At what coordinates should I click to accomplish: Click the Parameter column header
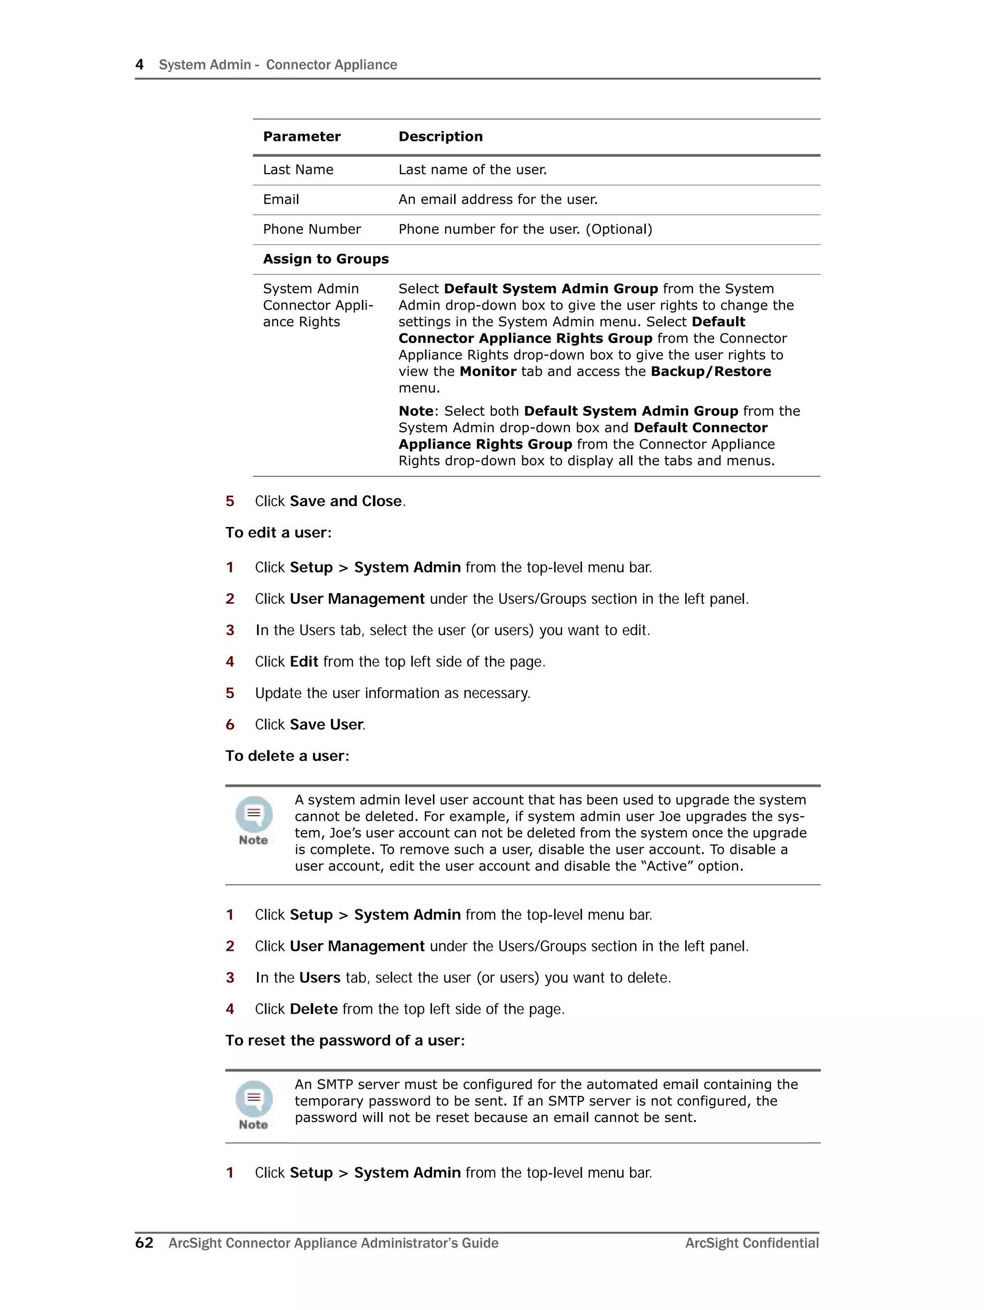click(301, 137)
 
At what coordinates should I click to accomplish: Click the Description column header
click(441, 137)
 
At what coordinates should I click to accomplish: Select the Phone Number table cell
click(311, 229)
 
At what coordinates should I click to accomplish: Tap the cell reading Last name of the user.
click(472, 170)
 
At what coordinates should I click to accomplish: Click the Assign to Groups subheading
click(326, 259)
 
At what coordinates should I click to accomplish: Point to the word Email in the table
click(281, 200)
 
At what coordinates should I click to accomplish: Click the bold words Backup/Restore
click(711, 371)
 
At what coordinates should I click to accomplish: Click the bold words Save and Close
click(346, 501)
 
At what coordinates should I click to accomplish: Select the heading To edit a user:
click(278, 532)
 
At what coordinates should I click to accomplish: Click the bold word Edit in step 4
click(304, 661)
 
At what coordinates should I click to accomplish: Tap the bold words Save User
click(326, 724)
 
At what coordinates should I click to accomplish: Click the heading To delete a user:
click(287, 756)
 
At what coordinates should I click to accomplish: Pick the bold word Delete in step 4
click(314, 1009)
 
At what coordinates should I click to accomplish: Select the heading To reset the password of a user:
click(344, 1040)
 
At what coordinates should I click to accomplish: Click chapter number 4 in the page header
click(140, 64)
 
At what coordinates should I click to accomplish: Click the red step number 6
click(230, 724)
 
